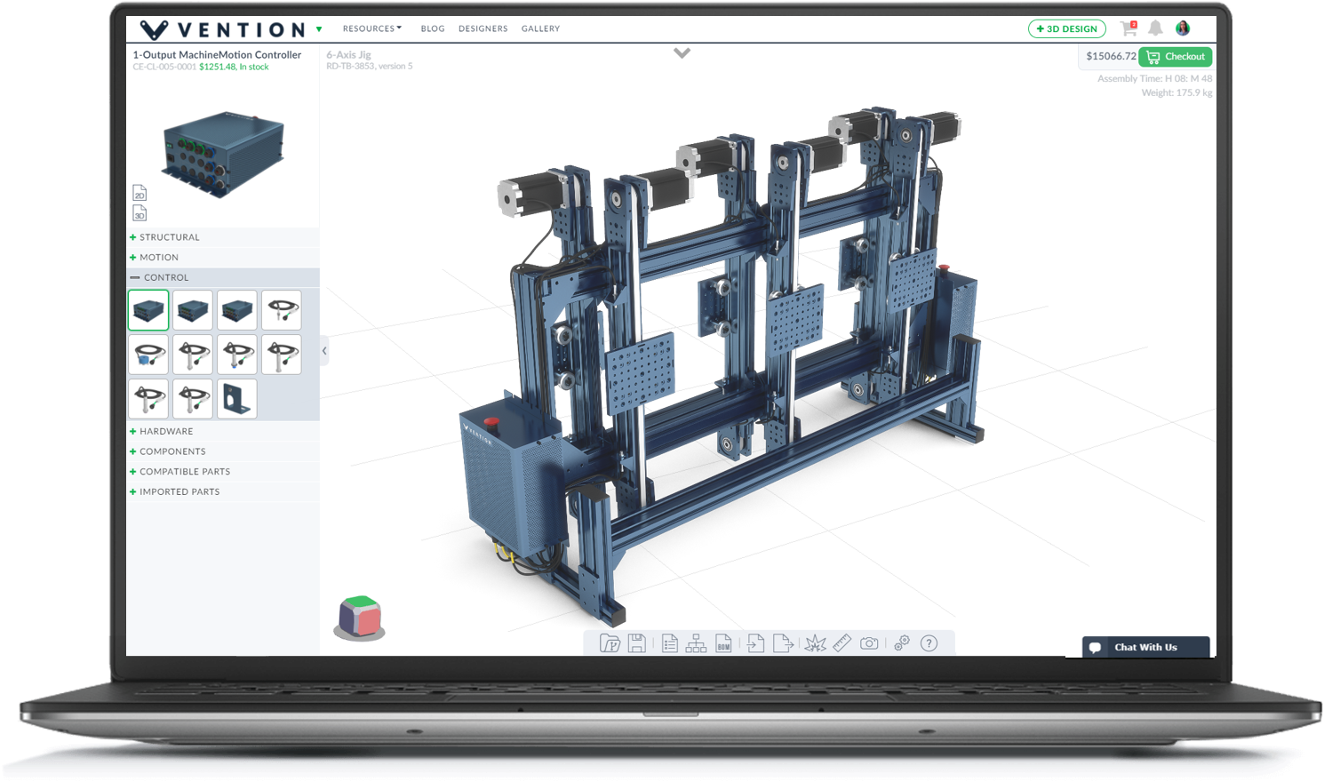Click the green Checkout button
(x=1176, y=57)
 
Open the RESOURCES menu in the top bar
(x=371, y=28)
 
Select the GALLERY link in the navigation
(x=540, y=28)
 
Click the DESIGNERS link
(x=483, y=28)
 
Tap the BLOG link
(x=433, y=28)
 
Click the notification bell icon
(x=1155, y=28)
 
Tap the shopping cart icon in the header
(x=1129, y=28)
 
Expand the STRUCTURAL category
(x=169, y=237)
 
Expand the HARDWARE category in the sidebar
(x=165, y=431)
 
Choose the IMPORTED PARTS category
(x=179, y=491)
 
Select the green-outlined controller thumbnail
(x=148, y=310)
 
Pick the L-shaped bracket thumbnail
(x=237, y=399)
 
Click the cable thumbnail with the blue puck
(x=148, y=355)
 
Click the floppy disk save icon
(x=636, y=643)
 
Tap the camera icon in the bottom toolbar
(x=869, y=643)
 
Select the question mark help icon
(x=929, y=643)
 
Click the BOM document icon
(x=723, y=643)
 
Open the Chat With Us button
(x=1145, y=647)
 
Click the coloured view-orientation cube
(x=360, y=617)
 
